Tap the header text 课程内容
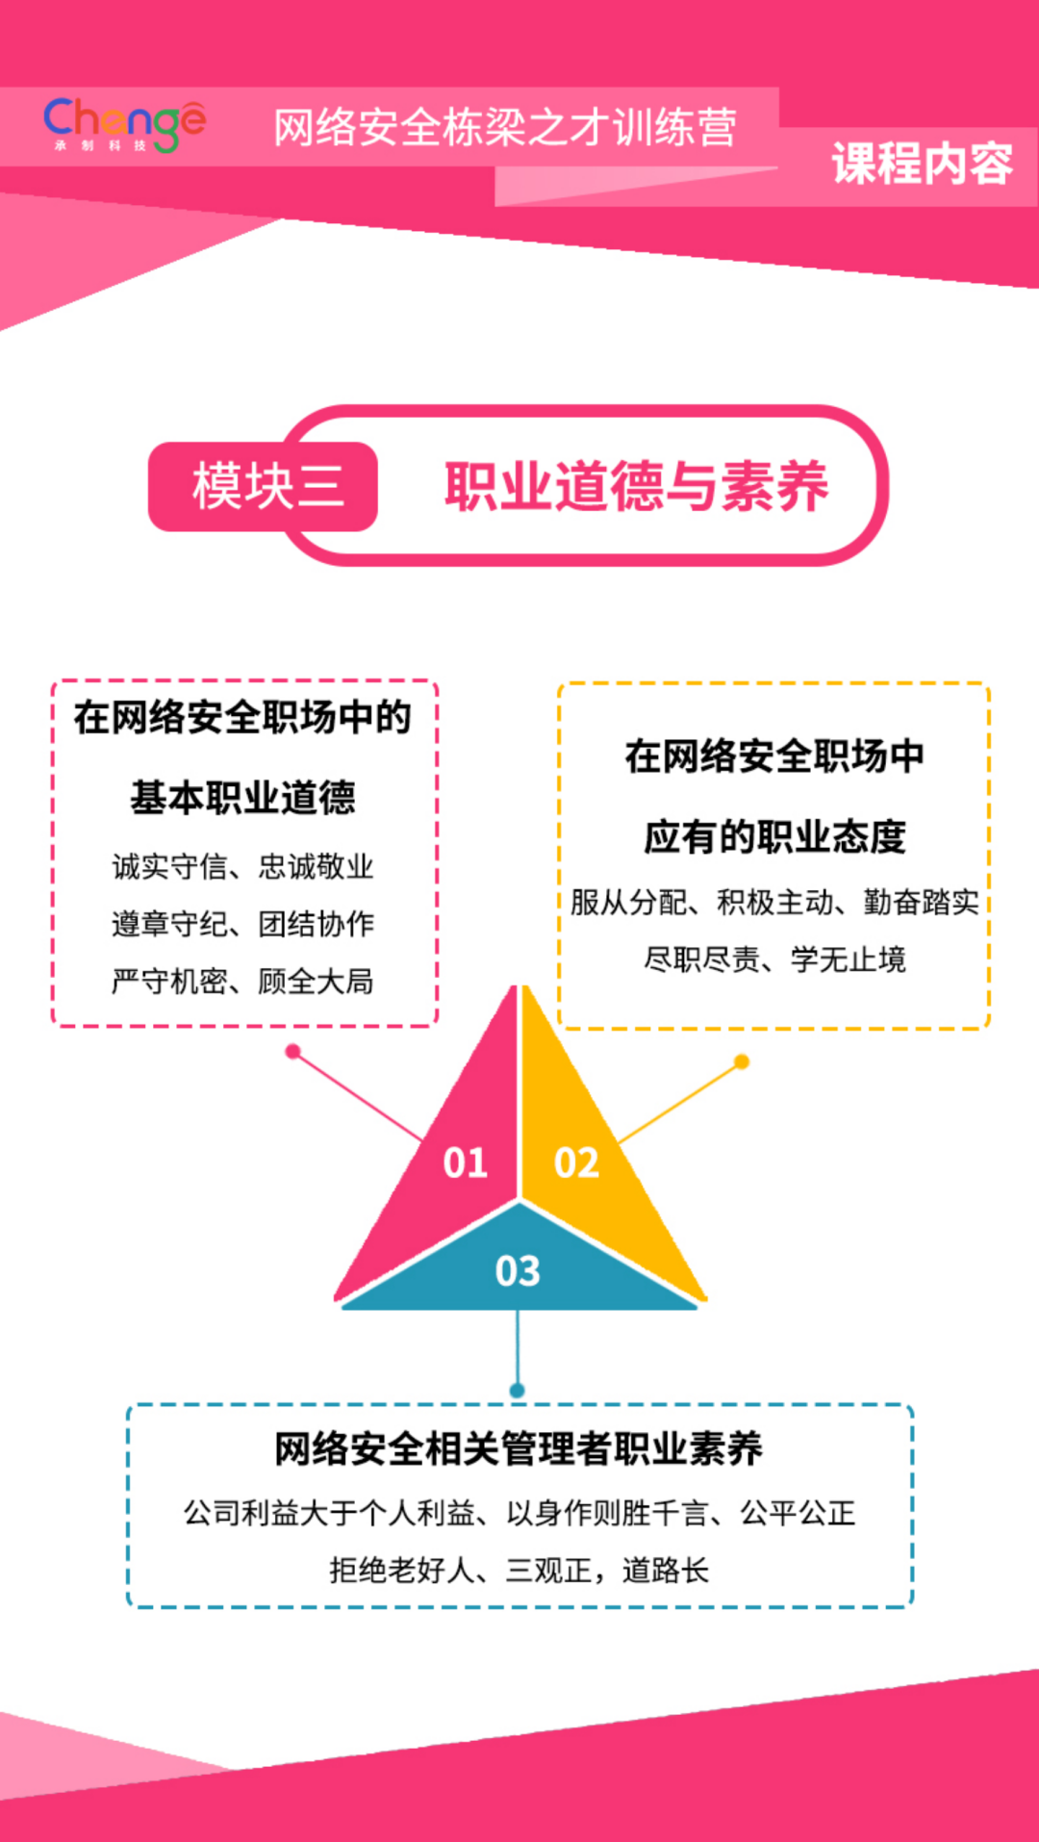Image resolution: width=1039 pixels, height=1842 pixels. point(922,164)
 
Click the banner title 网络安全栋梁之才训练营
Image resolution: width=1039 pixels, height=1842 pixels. point(505,127)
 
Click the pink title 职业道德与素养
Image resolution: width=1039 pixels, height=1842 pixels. point(636,486)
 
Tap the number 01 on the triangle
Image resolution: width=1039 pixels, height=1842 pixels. point(466,1163)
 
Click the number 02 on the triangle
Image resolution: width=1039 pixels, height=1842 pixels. point(576,1163)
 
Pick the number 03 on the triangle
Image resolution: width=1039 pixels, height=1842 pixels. point(518,1271)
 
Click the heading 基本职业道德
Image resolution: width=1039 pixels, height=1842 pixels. point(243,798)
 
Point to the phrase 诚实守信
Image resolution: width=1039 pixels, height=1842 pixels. point(169,866)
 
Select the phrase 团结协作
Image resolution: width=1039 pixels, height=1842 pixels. point(316,924)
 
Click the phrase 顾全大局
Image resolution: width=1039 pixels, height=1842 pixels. point(316,982)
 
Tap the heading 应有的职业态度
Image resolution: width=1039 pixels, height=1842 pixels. point(774,836)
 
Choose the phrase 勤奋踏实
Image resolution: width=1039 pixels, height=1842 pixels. point(921,902)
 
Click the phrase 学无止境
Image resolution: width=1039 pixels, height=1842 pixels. point(848,959)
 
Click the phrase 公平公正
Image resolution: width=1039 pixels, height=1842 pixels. point(798,1513)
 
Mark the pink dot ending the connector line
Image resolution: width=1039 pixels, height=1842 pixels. point(293,1052)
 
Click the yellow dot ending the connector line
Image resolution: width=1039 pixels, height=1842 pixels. point(742,1062)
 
